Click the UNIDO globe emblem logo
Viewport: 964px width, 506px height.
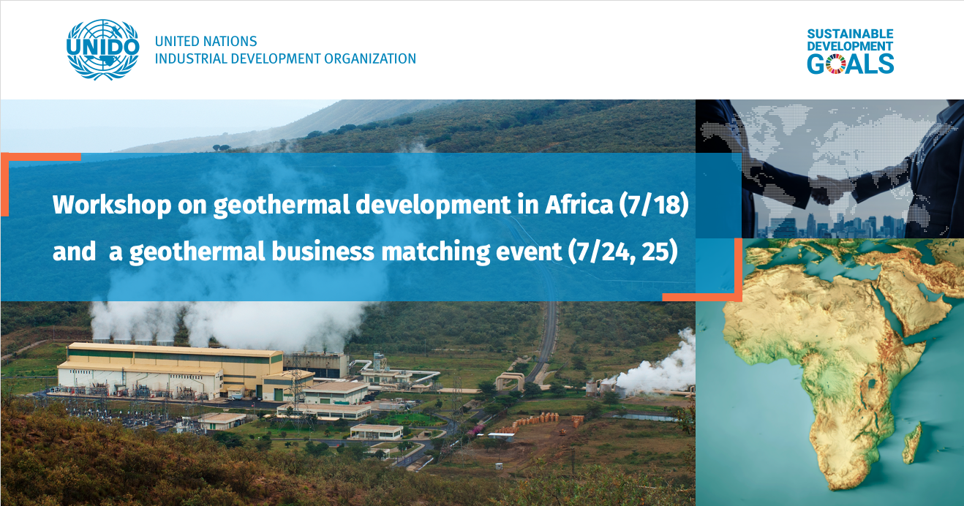(x=102, y=50)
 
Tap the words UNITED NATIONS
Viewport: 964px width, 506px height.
(x=206, y=41)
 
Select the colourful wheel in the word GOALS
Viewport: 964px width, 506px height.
(x=835, y=64)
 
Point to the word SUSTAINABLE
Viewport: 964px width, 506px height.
(x=850, y=34)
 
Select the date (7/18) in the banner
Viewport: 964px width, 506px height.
(x=654, y=205)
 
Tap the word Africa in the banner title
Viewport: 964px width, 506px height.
(x=579, y=204)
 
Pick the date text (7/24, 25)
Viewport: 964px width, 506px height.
(x=622, y=252)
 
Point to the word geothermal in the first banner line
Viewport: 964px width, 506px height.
(x=282, y=205)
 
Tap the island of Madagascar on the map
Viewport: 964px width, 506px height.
(x=912, y=443)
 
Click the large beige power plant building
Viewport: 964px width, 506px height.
(x=170, y=370)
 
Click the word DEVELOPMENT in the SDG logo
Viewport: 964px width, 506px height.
(x=850, y=46)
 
